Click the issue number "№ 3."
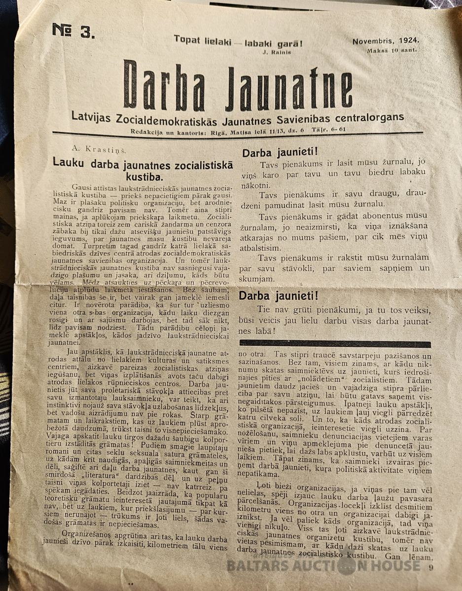(73, 31)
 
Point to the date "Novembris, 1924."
(386, 41)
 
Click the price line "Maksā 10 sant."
(391, 50)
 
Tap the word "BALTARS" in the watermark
(255, 565)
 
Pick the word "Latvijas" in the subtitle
(93, 118)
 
